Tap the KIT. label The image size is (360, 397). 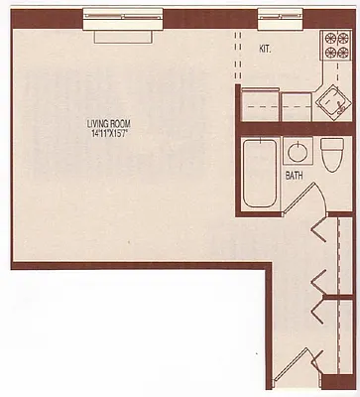266,48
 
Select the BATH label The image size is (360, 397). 295,176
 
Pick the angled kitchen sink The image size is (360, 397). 334,98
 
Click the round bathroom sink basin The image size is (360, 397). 297,152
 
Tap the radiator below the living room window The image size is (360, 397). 122,33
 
